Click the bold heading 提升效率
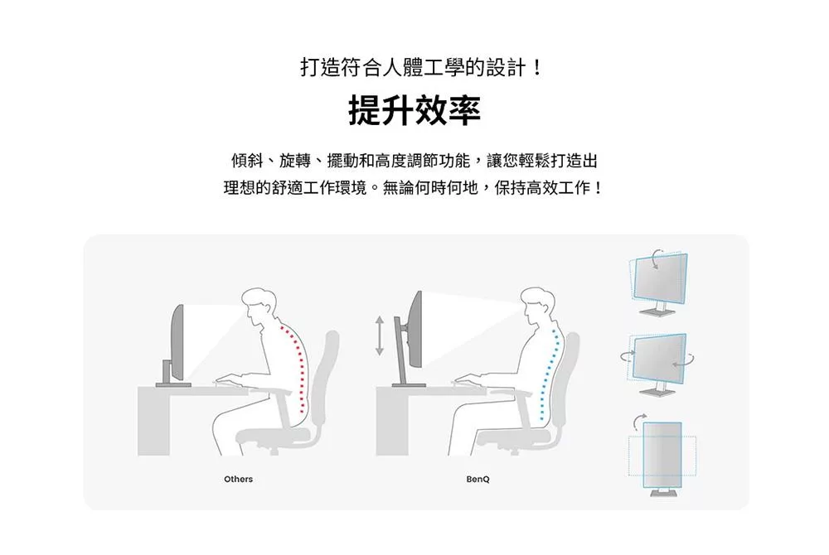coord(414,111)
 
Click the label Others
coord(238,480)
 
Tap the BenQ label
coord(478,480)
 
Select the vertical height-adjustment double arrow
coord(380,335)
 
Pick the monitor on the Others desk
coord(177,340)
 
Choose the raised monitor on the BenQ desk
coord(414,326)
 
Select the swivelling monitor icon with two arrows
coord(659,360)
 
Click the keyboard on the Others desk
coord(225,381)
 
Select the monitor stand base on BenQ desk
coord(408,385)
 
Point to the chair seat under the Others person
coord(274,434)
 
